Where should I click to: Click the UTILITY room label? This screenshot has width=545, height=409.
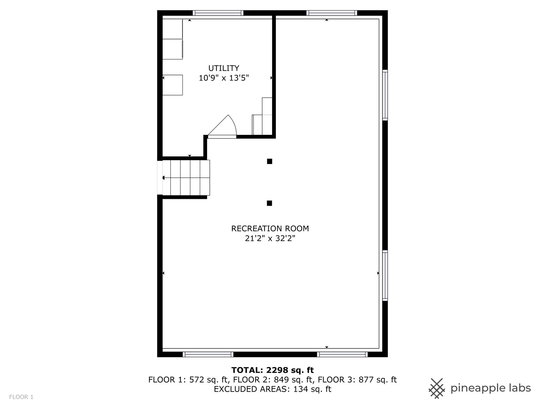(x=224, y=68)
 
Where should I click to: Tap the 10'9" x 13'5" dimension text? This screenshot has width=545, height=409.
(x=224, y=78)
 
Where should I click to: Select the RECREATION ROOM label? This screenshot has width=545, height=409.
(x=270, y=228)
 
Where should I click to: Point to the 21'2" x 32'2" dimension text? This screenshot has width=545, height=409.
(x=270, y=239)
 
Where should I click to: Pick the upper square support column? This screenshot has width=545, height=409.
(x=269, y=161)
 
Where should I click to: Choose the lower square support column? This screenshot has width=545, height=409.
(x=269, y=203)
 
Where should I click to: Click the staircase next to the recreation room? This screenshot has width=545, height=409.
(x=186, y=178)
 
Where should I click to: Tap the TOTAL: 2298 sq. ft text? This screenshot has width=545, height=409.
(x=272, y=370)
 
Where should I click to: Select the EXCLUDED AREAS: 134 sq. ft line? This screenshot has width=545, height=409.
(x=272, y=389)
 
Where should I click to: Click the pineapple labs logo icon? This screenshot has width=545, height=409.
(x=437, y=388)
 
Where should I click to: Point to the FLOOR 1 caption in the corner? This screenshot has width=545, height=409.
(x=21, y=397)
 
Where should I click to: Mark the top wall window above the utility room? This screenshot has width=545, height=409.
(x=218, y=13)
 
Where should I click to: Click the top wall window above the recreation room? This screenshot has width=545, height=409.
(x=332, y=13)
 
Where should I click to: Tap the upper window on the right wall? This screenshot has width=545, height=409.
(x=385, y=95)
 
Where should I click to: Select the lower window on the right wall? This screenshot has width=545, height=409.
(x=385, y=275)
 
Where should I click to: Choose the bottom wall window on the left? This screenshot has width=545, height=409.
(x=208, y=354)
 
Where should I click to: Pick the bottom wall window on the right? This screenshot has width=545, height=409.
(x=342, y=354)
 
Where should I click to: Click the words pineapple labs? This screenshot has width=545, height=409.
(x=490, y=388)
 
